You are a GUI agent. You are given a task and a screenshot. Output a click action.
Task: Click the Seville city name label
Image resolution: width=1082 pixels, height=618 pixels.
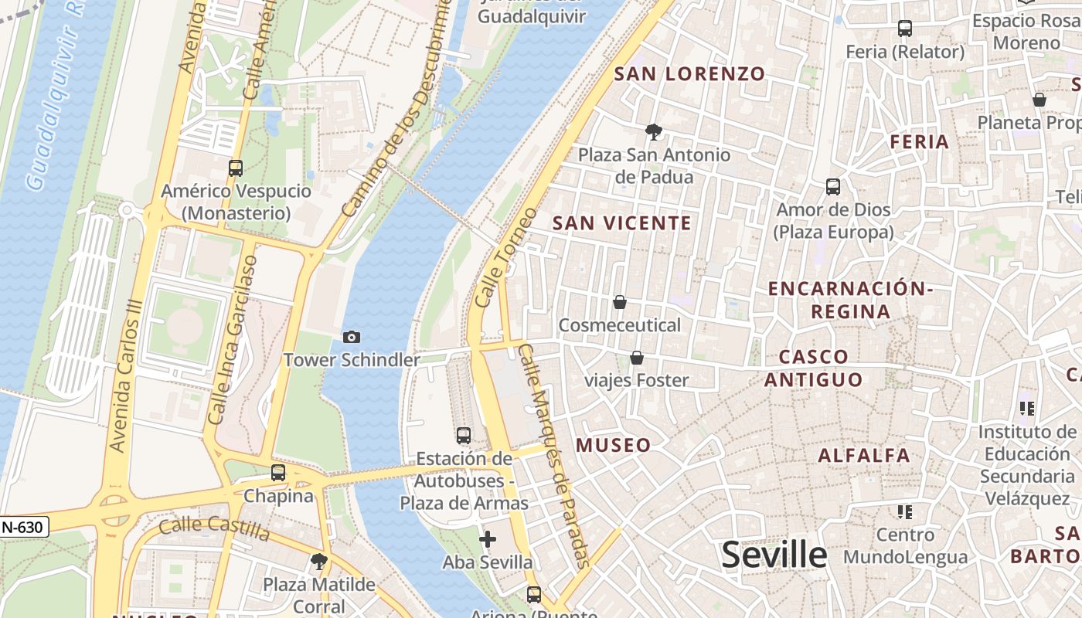pyautogui.click(x=774, y=555)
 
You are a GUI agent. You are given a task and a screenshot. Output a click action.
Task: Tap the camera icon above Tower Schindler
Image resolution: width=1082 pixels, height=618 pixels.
pyautogui.click(x=352, y=337)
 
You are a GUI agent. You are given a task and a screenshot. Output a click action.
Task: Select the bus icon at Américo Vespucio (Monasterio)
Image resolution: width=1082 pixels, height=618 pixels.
pyautogui.click(x=236, y=168)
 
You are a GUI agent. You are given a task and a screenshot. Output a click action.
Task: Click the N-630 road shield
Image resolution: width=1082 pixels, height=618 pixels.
pyautogui.click(x=23, y=527)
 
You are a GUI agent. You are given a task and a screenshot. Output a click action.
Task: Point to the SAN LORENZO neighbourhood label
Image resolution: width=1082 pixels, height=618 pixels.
pyautogui.click(x=689, y=74)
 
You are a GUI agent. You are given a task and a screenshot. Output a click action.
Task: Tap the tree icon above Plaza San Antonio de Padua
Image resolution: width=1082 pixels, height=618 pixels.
pyautogui.click(x=654, y=131)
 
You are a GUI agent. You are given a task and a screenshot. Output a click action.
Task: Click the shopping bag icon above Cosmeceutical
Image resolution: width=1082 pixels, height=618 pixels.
pyautogui.click(x=619, y=302)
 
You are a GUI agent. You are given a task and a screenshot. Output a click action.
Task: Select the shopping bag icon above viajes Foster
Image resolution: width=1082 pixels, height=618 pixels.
pyautogui.click(x=637, y=357)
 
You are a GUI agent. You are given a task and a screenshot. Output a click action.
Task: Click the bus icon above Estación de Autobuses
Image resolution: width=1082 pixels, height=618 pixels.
pyautogui.click(x=463, y=436)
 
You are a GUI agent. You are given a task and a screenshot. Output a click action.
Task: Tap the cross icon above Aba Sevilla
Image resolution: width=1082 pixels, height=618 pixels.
pyautogui.click(x=487, y=539)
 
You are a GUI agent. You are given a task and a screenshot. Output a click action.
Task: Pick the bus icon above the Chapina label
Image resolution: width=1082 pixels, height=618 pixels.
pyautogui.click(x=278, y=473)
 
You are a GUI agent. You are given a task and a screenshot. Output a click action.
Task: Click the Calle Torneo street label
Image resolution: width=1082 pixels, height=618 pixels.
pyautogui.click(x=506, y=257)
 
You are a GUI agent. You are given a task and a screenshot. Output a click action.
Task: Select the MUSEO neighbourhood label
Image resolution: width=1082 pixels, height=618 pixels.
pyautogui.click(x=613, y=446)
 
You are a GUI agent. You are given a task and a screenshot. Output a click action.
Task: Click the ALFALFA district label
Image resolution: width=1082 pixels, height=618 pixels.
pyautogui.click(x=864, y=455)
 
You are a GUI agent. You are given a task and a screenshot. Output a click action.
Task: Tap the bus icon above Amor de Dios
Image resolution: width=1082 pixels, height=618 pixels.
pyautogui.click(x=833, y=187)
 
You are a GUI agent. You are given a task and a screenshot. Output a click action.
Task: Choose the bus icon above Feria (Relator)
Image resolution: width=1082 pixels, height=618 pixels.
pyautogui.click(x=904, y=29)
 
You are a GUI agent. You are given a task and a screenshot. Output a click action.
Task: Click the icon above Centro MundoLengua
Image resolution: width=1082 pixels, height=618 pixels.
pyautogui.click(x=904, y=511)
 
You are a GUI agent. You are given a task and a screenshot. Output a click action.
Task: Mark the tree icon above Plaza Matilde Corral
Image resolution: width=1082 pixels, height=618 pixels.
pyautogui.click(x=318, y=562)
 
